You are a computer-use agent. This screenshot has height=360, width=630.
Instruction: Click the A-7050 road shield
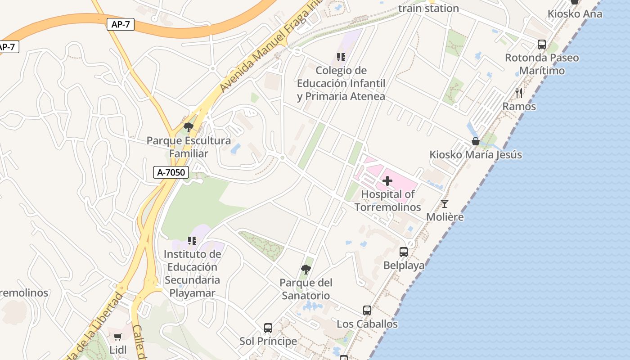(171, 172)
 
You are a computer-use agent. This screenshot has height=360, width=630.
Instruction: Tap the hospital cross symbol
(387, 181)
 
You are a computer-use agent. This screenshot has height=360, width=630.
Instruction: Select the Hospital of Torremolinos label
(388, 201)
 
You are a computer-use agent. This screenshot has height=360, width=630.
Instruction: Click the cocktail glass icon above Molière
(445, 203)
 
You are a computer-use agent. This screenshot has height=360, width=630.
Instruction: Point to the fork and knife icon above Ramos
(519, 93)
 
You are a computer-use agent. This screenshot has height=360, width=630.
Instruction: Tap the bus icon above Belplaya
(404, 252)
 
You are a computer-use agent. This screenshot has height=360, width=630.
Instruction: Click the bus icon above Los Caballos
(367, 310)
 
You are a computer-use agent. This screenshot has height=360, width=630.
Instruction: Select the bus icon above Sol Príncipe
(268, 328)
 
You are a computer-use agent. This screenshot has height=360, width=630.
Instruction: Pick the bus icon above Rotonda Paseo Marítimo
(542, 45)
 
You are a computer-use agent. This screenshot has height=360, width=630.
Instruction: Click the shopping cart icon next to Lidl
(118, 337)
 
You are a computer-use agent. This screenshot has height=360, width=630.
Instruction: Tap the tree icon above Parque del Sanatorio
(306, 270)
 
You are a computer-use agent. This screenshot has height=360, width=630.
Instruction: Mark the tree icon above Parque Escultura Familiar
(189, 127)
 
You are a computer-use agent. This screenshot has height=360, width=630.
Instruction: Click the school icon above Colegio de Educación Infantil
(341, 57)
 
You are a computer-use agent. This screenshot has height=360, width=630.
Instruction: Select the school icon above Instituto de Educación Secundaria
(192, 241)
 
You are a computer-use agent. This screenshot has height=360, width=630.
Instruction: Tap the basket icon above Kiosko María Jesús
(476, 141)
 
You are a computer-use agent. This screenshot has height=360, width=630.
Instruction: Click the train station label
(428, 8)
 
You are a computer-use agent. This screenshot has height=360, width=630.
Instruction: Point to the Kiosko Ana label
(575, 14)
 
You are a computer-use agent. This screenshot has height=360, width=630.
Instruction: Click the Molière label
(445, 217)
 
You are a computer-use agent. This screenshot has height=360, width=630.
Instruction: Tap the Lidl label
(118, 350)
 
